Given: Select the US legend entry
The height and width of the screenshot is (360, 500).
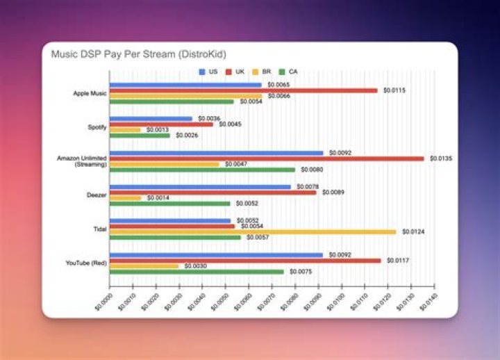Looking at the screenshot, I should (208, 72).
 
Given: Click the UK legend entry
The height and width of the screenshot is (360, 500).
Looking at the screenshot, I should (236, 72).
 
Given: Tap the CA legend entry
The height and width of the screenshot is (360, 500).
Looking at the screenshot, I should (292, 72).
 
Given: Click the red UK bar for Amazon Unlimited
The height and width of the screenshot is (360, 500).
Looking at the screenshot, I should (267, 158).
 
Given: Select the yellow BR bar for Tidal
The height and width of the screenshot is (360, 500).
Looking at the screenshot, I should (253, 231).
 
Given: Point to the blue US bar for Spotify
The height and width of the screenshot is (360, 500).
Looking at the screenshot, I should (151, 118).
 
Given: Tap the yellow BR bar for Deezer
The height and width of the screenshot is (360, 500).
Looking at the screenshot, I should (125, 198).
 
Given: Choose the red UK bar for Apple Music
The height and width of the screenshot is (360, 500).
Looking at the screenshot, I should (243, 90).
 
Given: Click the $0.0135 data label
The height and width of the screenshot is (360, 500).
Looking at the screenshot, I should (440, 158).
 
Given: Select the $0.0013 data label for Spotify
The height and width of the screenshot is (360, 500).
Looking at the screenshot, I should (157, 130).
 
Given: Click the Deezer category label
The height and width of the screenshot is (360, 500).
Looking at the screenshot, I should (97, 195).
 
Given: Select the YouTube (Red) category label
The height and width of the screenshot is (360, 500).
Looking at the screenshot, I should (86, 263).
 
